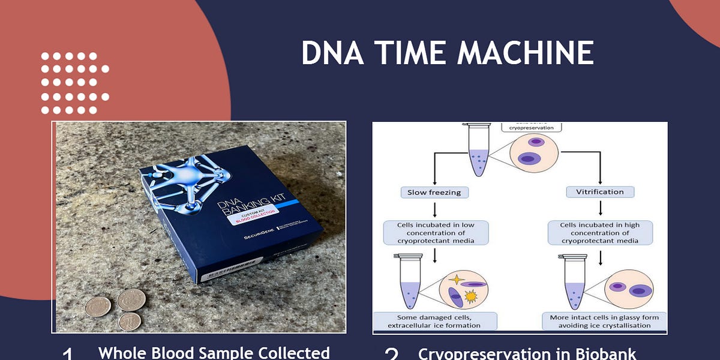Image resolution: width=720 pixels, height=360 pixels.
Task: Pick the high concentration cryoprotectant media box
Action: click(600, 233)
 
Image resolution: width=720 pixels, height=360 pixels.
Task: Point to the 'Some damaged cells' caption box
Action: click(435, 321)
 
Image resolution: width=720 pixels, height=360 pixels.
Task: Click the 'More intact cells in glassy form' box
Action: click(604, 321)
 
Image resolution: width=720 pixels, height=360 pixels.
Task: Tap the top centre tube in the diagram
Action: click(478, 153)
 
